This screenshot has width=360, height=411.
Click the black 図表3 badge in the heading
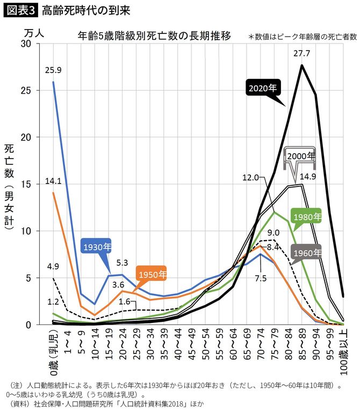[20, 10]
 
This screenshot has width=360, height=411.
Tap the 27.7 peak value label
[301, 54]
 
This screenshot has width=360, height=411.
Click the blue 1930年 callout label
[97, 247]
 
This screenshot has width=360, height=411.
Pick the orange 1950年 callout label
[152, 274]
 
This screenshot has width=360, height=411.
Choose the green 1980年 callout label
[306, 217]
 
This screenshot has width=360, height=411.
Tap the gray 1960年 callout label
[306, 252]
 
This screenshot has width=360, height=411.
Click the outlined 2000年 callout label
[301, 156]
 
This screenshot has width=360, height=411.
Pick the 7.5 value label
[261, 278]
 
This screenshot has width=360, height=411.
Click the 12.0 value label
[250, 177]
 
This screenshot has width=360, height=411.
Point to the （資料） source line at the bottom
[107, 402]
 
